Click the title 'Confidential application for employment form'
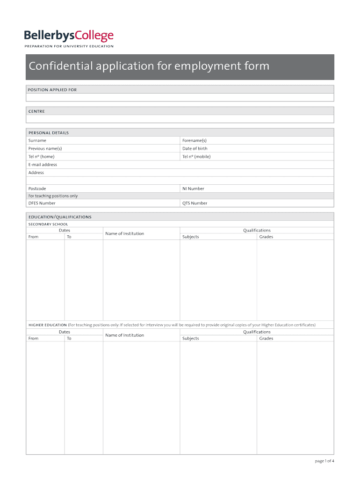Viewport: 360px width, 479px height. (x=149, y=66)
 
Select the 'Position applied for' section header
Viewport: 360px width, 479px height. (x=52, y=90)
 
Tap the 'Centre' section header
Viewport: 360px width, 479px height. (x=36, y=112)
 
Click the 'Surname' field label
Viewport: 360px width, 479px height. (x=37, y=140)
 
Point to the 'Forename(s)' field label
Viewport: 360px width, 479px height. (x=194, y=140)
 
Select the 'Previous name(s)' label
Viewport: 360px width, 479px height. (x=45, y=148)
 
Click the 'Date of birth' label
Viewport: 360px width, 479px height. (x=194, y=148)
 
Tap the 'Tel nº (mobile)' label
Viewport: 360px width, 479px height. (x=196, y=157)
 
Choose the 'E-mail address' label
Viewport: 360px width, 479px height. (x=43, y=165)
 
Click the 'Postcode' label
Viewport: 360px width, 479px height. (x=37, y=189)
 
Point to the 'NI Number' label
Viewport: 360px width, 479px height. (x=193, y=189)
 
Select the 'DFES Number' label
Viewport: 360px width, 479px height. (x=42, y=203)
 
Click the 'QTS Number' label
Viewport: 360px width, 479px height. (x=194, y=203)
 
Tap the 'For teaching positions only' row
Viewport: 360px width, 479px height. (x=53, y=196)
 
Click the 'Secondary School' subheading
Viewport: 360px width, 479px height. (x=48, y=224)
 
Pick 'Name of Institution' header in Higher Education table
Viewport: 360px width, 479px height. (x=124, y=335)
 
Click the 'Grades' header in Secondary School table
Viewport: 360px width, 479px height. (x=266, y=237)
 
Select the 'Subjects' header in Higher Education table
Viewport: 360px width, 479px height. (x=190, y=338)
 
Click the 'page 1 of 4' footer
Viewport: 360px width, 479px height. (x=324, y=461)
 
